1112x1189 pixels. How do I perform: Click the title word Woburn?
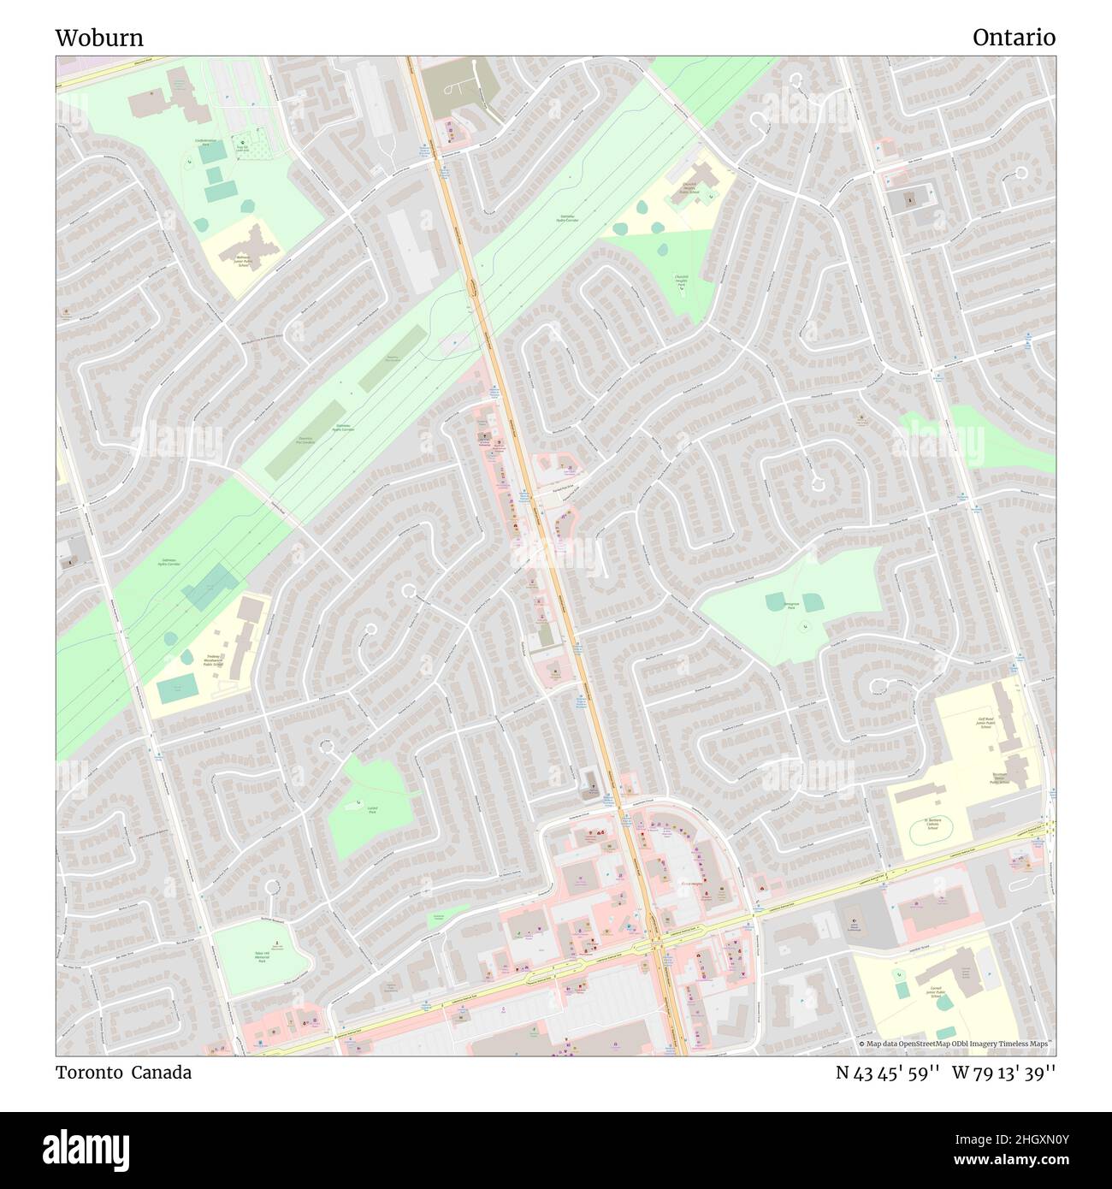tap(99, 38)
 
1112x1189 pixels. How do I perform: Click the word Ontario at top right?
tap(1014, 38)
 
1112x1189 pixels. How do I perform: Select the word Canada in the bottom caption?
tap(161, 1072)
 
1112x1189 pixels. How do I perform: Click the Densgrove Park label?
tap(790, 605)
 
